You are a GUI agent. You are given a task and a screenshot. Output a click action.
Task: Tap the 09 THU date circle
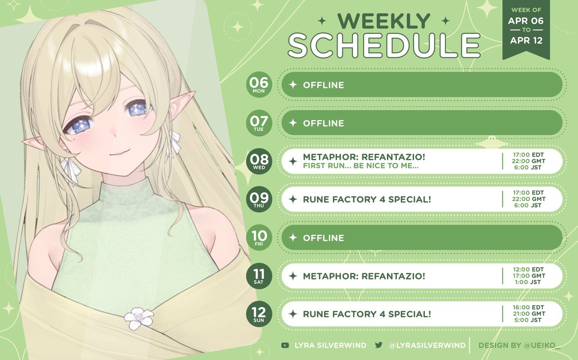coord(259,200)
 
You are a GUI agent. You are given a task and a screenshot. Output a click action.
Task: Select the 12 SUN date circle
coord(259,314)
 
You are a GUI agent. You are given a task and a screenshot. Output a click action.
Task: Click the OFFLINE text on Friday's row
coord(323,238)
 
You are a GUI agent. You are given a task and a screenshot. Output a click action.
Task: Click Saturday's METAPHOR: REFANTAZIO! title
coord(364,276)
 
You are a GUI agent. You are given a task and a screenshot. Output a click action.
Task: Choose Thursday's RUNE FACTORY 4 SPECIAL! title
coord(367,200)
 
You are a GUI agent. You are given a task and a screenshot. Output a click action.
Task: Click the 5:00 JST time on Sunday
coord(528,320)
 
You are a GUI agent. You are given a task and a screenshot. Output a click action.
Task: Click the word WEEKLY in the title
coord(384,21)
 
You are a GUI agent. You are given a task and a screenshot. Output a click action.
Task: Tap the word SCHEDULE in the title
coord(384,46)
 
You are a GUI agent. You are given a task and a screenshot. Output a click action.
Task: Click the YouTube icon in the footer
coord(286,345)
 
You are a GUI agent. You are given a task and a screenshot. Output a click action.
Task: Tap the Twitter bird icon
coord(379,345)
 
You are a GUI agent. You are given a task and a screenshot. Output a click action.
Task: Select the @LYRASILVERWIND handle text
coord(427,345)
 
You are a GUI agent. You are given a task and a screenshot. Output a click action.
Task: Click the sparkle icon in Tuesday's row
coord(292,123)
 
